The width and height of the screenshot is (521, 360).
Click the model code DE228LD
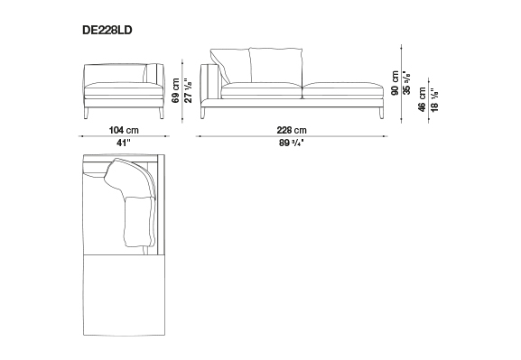107,30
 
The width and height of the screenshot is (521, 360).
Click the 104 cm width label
124,130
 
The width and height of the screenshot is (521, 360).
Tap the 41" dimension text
124,143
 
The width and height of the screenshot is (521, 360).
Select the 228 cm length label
292,130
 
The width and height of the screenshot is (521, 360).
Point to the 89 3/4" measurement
292,143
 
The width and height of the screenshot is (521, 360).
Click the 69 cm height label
176,90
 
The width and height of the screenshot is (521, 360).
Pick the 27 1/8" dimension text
188,90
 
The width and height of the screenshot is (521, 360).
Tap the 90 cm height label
395,83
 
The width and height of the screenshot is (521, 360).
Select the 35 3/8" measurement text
406,83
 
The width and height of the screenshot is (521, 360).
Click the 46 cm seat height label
422,99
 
